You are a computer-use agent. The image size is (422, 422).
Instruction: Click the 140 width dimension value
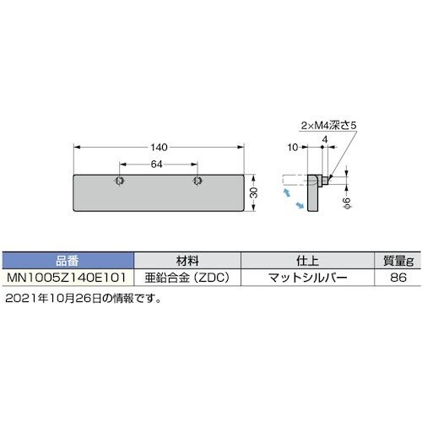pyautogui.click(x=159, y=146)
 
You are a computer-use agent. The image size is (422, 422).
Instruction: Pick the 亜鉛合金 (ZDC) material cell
pyautogui.click(x=187, y=276)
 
